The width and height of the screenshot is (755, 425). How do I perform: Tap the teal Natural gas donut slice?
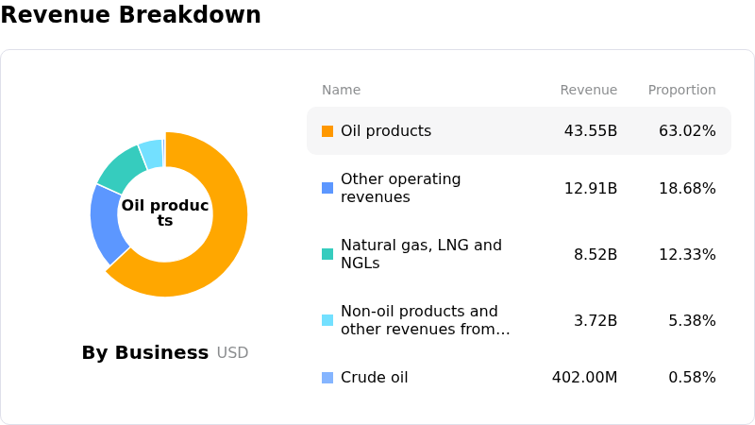121,169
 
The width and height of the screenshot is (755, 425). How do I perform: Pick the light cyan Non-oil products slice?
152,154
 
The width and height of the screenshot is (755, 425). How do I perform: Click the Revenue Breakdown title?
130,14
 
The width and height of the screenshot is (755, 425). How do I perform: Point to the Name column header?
341,90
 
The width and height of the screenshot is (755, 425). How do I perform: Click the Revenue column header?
588,90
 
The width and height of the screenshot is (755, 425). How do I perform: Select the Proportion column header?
681,90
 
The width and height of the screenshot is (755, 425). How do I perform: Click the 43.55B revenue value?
591,131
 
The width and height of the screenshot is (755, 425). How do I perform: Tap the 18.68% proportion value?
688,188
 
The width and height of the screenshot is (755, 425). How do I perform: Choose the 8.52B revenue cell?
596,254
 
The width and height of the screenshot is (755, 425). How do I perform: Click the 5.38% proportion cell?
693,320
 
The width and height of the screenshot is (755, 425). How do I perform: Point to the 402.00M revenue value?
584,377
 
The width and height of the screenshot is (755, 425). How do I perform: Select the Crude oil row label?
374,377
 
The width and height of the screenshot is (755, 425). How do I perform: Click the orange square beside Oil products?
327,131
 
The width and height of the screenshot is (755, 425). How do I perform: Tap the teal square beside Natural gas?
327,254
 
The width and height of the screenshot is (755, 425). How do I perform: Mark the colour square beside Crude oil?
327,378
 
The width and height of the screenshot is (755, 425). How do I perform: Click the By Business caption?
145,352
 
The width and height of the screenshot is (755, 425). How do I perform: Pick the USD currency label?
232,353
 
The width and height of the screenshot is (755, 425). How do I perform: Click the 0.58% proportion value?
693,377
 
